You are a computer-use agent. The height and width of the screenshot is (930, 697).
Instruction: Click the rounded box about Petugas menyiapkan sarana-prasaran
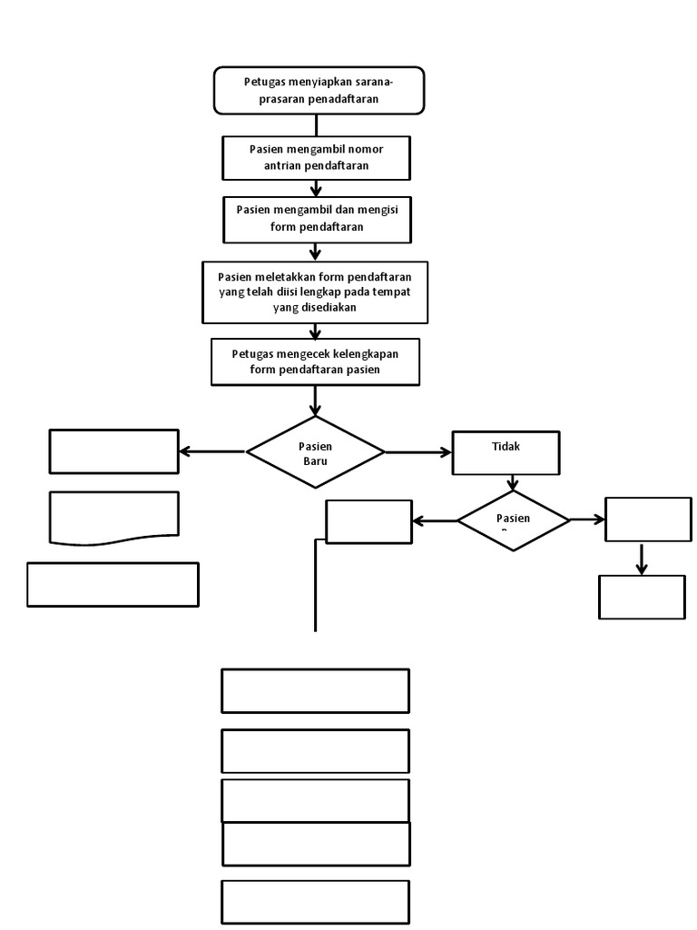click(x=319, y=90)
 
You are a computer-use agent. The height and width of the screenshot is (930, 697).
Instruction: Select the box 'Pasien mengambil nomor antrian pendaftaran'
click(x=316, y=157)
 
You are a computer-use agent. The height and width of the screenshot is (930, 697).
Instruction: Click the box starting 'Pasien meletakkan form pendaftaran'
click(x=315, y=292)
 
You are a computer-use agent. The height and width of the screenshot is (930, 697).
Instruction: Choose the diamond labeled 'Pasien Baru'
click(x=315, y=452)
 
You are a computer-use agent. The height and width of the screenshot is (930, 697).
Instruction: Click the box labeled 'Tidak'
click(x=506, y=452)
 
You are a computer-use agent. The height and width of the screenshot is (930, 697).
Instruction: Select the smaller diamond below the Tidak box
click(x=513, y=520)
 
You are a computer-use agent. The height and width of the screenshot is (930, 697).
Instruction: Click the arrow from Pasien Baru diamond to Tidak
click(x=418, y=451)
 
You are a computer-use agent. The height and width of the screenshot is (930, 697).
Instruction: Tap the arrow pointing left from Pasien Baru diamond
click(x=212, y=451)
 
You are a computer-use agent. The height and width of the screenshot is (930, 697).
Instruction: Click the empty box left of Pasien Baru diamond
click(x=113, y=451)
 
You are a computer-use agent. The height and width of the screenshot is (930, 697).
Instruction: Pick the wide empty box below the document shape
click(x=113, y=584)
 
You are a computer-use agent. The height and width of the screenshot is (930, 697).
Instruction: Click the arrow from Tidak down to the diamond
click(x=513, y=482)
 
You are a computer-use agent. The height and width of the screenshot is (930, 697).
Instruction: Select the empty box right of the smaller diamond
click(x=648, y=519)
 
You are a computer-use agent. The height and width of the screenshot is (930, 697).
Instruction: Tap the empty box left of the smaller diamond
click(x=368, y=521)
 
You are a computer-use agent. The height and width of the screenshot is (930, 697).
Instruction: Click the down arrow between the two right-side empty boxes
click(x=642, y=559)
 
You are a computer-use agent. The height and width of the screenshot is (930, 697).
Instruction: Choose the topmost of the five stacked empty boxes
click(x=315, y=690)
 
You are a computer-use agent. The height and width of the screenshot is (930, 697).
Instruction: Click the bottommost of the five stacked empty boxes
click(x=315, y=902)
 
